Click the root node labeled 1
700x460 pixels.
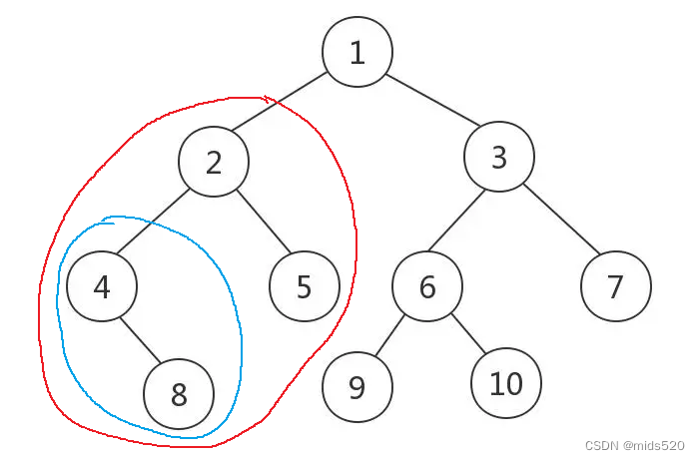pyautogui.click(x=357, y=52)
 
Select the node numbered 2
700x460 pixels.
pyautogui.click(x=214, y=162)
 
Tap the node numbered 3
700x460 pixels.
pyautogui.click(x=499, y=157)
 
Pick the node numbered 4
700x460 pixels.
pyautogui.click(x=101, y=287)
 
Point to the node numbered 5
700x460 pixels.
pyautogui.click(x=305, y=287)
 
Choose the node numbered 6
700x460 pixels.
pyautogui.click(x=427, y=287)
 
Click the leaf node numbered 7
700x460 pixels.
pyautogui.click(x=615, y=286)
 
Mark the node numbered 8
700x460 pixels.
pyautogui.click(x=179, y=395)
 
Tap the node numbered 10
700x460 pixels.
pyautogui.click(x=507, y=383)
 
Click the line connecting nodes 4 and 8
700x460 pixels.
pyautogui.click(x=140, y=341)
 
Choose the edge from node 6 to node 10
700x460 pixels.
pyautogui.click(x=467, y=335)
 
